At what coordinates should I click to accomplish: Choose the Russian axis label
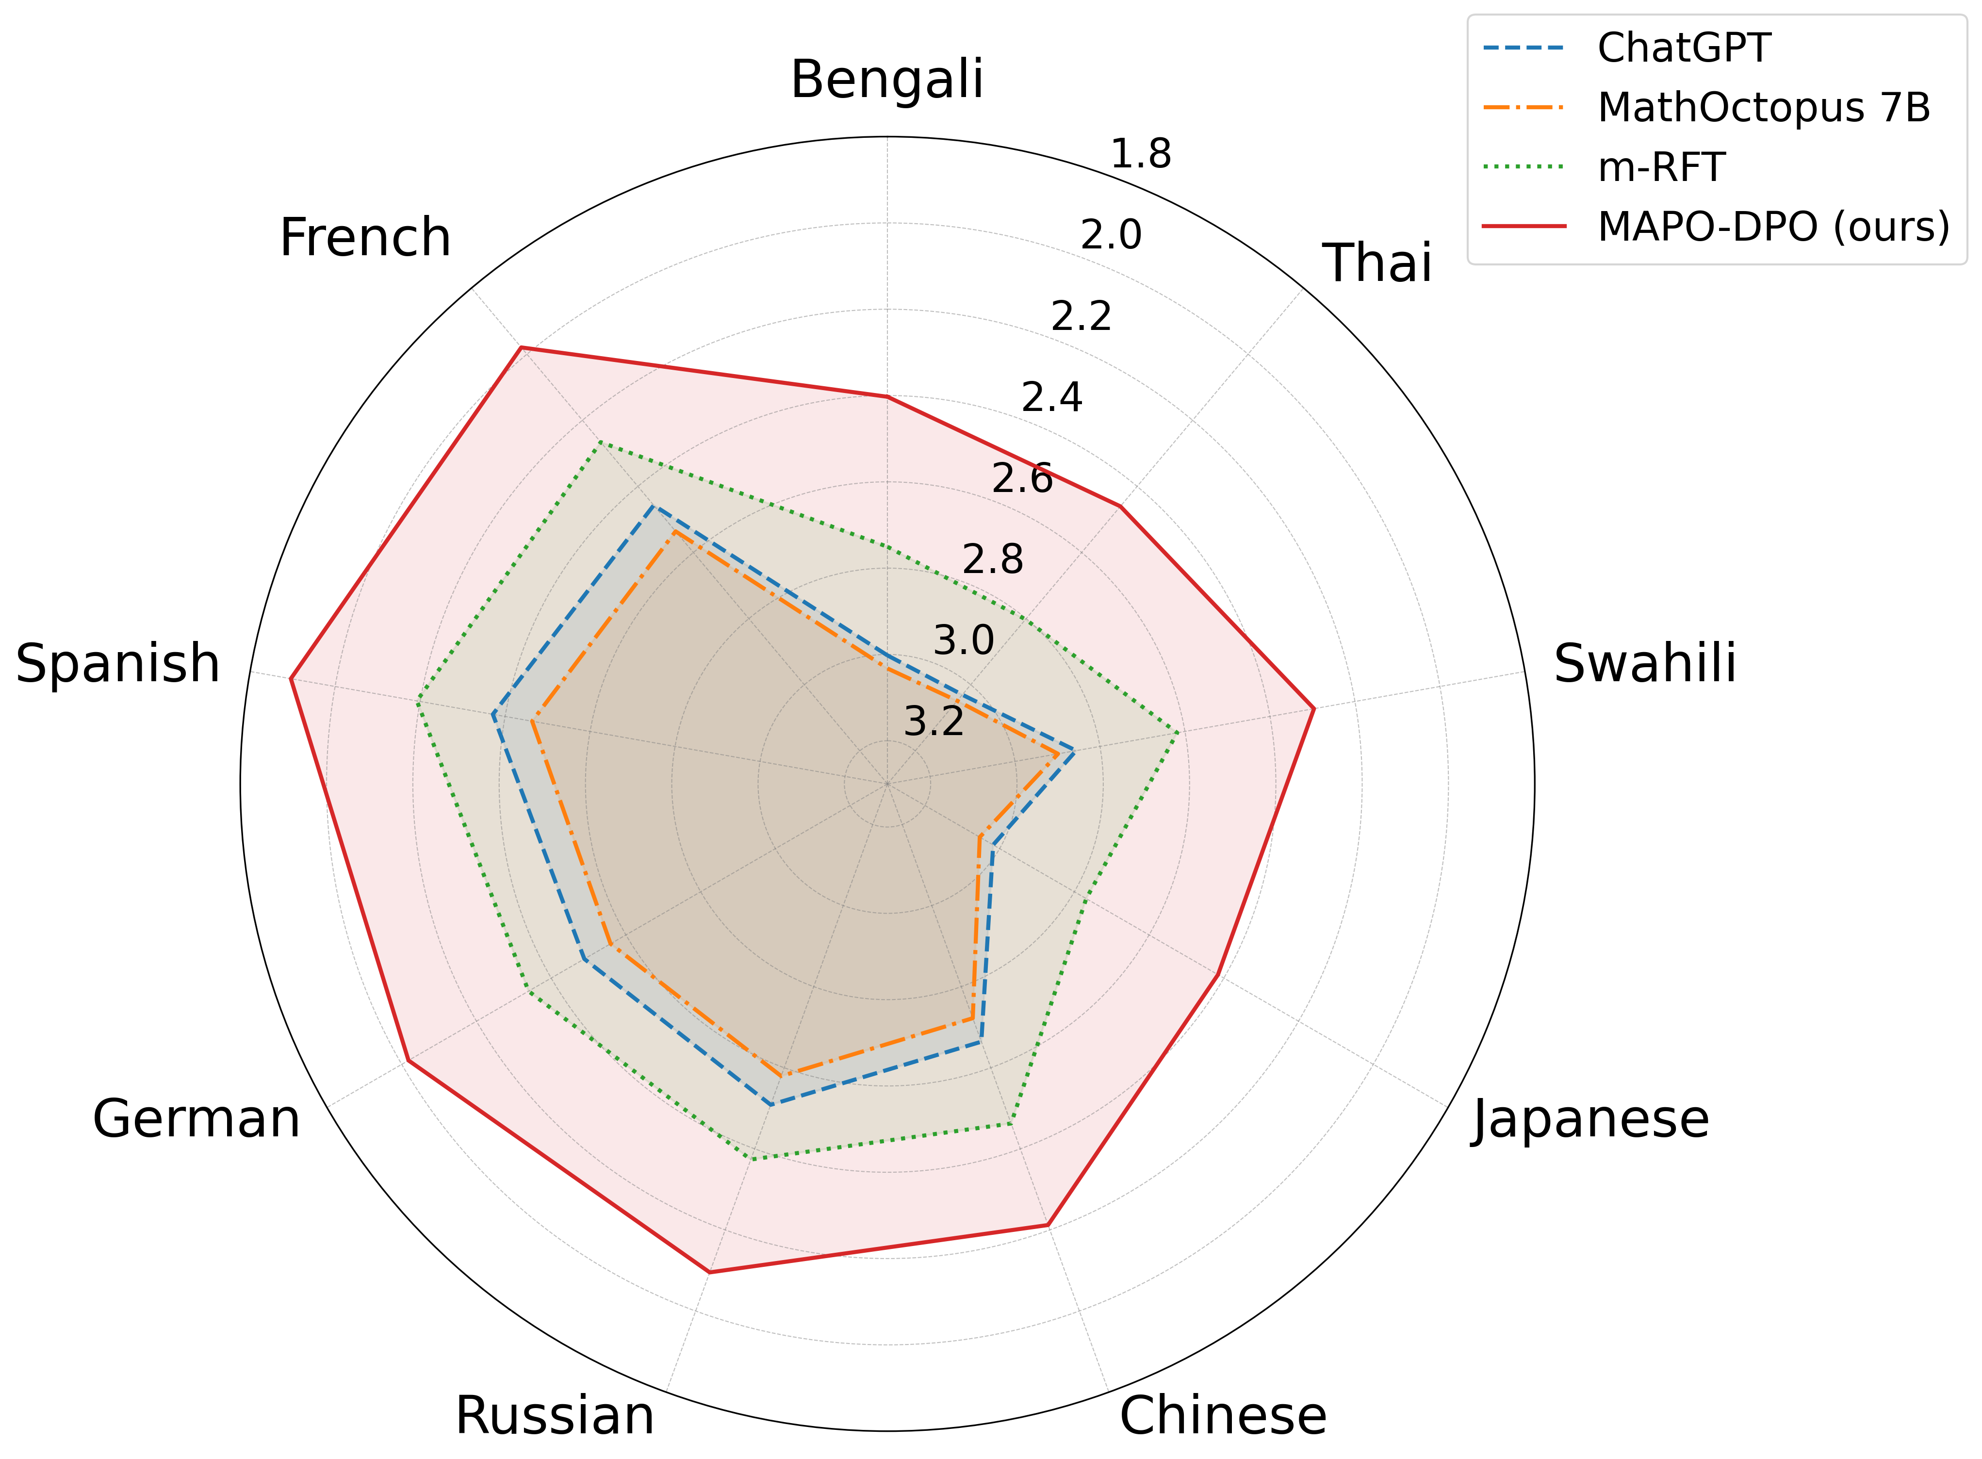[555, 1416]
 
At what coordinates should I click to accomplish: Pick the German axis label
[196, 1120]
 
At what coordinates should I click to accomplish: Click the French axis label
[365, 238]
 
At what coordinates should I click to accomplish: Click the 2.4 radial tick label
[1051, 398]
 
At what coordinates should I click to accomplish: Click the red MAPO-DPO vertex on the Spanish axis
[291, 678]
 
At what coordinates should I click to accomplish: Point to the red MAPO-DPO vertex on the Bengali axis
[887, 397]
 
